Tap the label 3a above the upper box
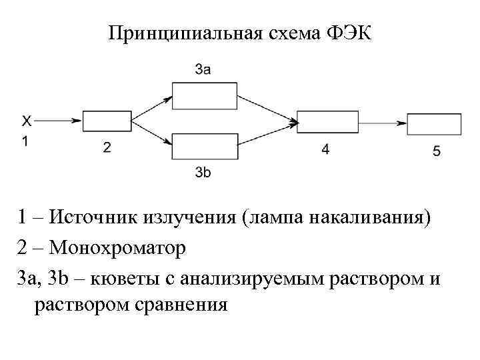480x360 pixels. click(204, 69)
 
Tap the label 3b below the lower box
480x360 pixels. click(204, 173)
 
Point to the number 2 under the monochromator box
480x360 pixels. click(107, 148)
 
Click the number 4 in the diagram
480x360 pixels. click(325, 150)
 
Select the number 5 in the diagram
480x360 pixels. click(436, 151)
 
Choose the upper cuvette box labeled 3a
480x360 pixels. click(205, 95)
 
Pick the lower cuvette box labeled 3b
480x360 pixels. click(205, 147)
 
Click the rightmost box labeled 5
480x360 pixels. click(434, 124)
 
